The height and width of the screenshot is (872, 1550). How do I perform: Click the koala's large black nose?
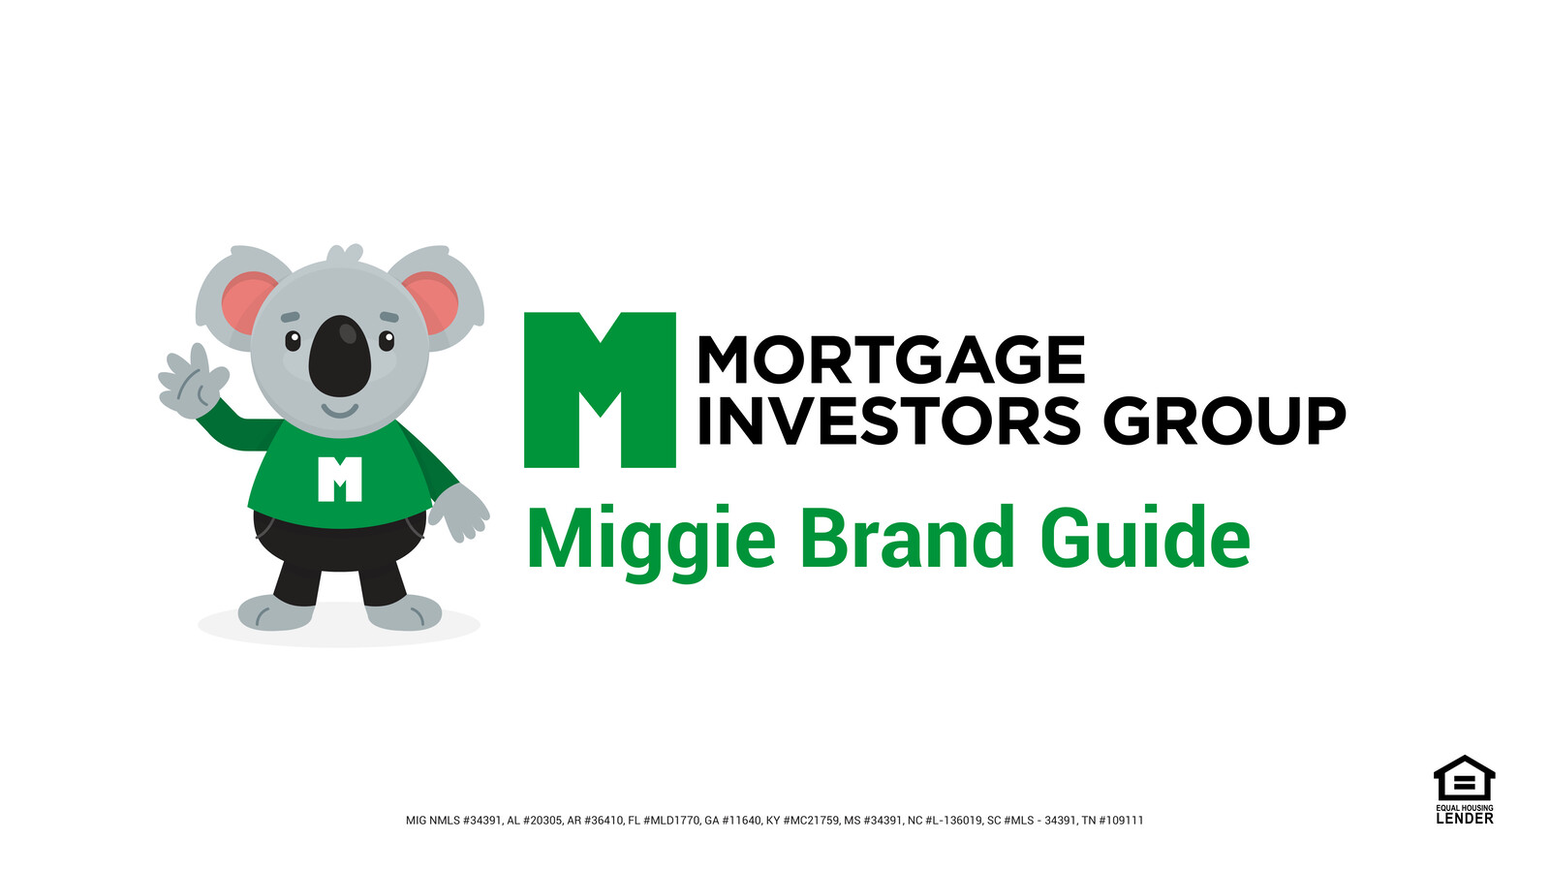(340, 357)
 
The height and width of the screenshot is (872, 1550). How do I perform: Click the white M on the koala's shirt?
(340, 479)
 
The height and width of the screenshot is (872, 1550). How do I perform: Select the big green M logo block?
(600, 390)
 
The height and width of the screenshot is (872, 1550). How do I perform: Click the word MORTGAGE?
(890, 360)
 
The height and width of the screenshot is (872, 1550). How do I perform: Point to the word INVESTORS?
(888, 421)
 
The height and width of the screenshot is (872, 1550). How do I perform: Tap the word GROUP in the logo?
(1224, 421)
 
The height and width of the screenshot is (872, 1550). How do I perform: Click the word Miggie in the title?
(651, 539)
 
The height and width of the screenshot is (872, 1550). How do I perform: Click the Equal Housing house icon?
(1464, 778)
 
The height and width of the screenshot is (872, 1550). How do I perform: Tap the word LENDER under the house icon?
(1464, 819)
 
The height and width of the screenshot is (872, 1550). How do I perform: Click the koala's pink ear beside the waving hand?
(242, 300)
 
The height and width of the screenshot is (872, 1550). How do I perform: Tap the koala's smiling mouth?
(339, 411)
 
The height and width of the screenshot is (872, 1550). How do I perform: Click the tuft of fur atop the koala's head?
(344, 255)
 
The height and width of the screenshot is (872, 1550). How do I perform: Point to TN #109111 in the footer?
(1112, 821)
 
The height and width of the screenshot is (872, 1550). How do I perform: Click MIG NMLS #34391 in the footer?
(453, 821)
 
